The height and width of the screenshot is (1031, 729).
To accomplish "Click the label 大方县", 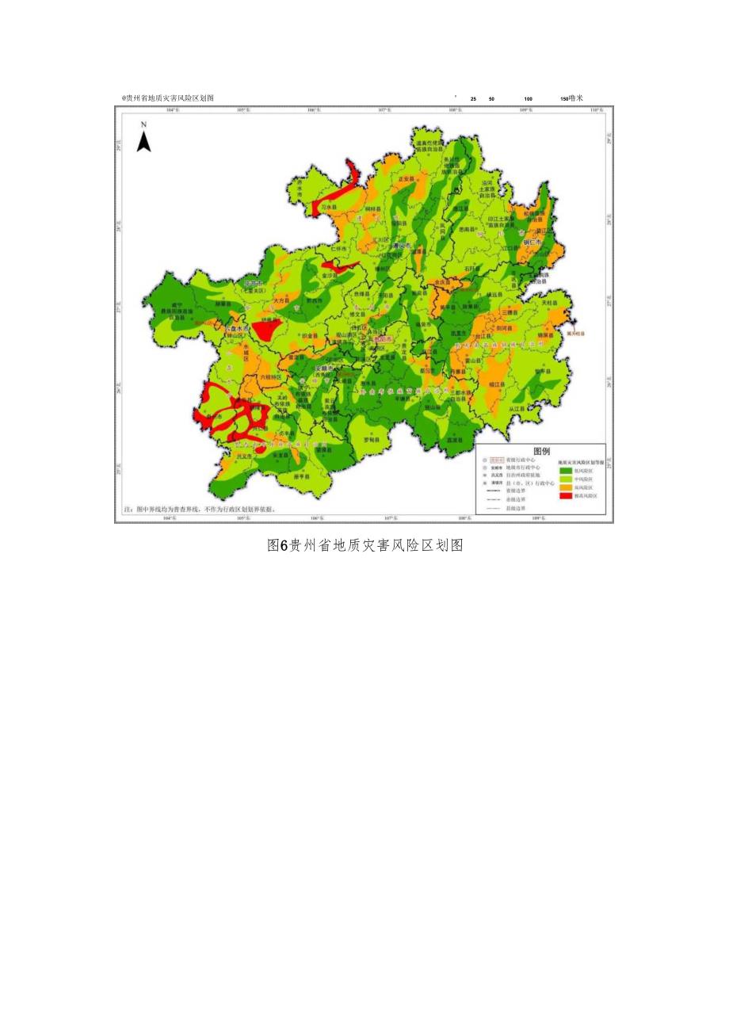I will (283, 301).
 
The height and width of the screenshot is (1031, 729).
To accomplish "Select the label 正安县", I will (406, 180).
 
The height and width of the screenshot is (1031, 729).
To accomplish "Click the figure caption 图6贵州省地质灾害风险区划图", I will (364, 545).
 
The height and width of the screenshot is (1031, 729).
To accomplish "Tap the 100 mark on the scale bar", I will (528, 99).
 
